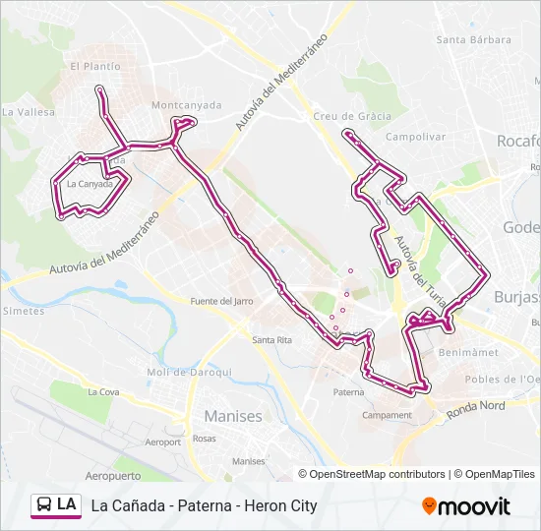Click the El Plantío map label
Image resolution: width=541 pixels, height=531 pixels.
(95, 66)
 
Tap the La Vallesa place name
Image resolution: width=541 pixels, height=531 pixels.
(28, 112)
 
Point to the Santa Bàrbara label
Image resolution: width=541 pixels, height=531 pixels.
(474, 40)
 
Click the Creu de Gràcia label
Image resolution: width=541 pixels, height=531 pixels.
(352, 115)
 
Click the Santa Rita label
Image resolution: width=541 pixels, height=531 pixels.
(272, 340)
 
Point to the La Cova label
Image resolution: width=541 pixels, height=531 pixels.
(103, 391)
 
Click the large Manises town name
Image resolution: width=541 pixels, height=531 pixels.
(233, 416)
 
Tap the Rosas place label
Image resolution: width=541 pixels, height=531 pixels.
(205, 439)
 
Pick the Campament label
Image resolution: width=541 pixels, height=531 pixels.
(387, 415)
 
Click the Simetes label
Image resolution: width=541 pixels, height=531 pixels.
(24, 311)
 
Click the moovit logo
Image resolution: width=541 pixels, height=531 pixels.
(466, 506)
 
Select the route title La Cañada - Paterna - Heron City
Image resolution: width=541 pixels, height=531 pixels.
(204, 505)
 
